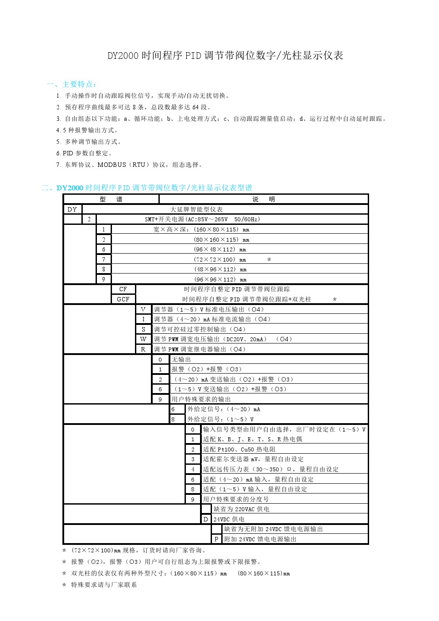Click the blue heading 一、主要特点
pos(71,84)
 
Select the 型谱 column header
pos(111,199)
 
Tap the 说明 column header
pos(263,199)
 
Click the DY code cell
pos(73,209)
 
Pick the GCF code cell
pos(123,299)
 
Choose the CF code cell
pos(123,289)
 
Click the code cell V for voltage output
pos(143,309)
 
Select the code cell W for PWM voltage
pos(143,339)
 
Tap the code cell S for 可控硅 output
pos(143,329)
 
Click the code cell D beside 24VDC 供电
pos(206,519)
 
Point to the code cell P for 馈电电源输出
pos(216,539)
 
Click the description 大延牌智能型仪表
pos(197,209)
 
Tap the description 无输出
pos(181,359)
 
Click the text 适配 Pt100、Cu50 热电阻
pos(239,449)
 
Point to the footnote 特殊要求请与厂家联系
pos(104,585)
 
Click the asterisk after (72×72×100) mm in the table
pos(269,260)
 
